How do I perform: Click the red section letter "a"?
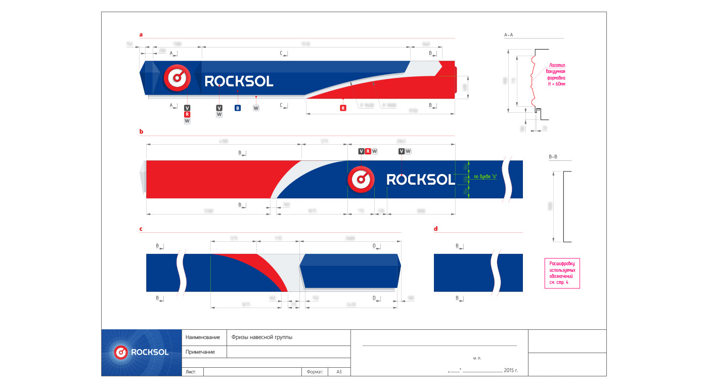pos(141,35)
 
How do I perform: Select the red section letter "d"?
pos(436,229)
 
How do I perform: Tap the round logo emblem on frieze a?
pos(176,77)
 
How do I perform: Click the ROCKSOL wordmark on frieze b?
pos(421,179)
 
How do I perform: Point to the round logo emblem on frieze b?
pos(361,179)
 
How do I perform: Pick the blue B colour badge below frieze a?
pos(238,108)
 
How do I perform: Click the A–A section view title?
pos(509,35)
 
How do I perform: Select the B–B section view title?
pos(554,157)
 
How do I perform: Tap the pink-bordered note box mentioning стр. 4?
pos(562,273)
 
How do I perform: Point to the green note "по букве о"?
pos(485,177)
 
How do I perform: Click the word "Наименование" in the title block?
pos(203,337)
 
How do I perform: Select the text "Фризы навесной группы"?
pos(261,337)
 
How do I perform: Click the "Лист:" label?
pos(192,372)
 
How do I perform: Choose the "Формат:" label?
pos(315,372)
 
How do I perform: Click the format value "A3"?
pos(339,372)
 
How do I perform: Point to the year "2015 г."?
pos(511,371)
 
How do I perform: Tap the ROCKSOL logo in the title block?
pos(141,353)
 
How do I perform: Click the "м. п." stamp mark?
pos(477,358)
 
